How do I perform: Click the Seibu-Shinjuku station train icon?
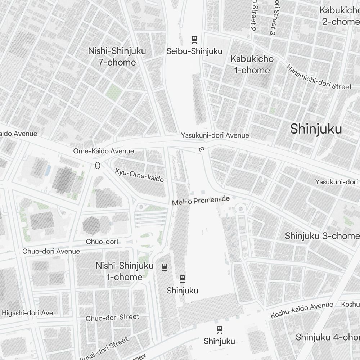(x=194, y=39)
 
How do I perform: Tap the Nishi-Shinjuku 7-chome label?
(x=117, y=57)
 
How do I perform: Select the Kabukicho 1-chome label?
(x=252, y=64)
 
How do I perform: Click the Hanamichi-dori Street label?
(x=319, y=77)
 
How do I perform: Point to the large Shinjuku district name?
(x=316, y=129)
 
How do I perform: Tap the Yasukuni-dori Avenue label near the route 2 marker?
(x=215, y=135)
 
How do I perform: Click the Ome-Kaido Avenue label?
(x=104, y=151)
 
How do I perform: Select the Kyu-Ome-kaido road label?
(x=139, y=175)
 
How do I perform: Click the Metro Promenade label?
(x=201, y=201)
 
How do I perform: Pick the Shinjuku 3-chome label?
(x=322, y=236)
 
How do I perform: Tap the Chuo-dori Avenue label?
(x=51, y=251)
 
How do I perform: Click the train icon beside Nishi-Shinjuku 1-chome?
(x=165, y=267)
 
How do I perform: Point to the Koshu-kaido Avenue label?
(x=302, y=310)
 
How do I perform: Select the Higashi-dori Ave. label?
(x=28, y=313)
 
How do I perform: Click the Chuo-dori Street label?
(x=112, y=318)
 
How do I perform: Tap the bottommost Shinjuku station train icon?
(x=219, y=329)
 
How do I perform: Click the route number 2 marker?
(x=200, y=149)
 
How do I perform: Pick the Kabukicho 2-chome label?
(x=339, y=16)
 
